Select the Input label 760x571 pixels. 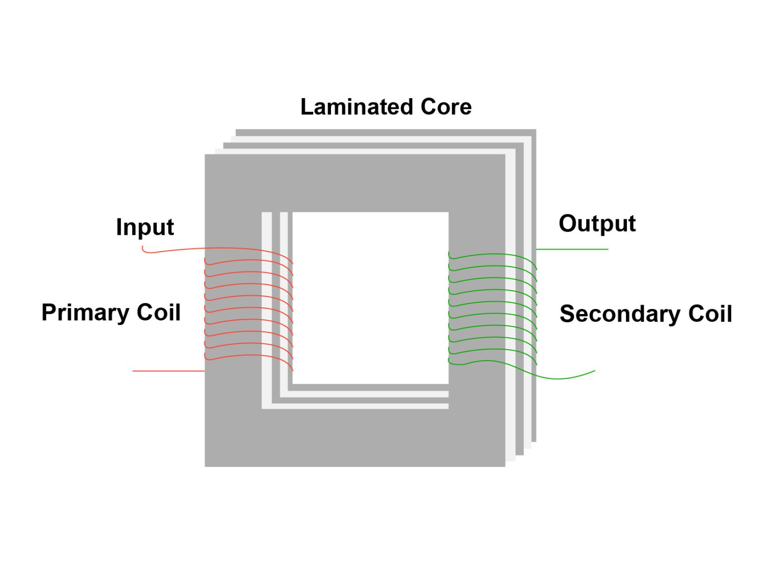click(144, 227)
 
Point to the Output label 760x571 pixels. click(597, 223)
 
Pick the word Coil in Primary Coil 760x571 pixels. click(158, 312)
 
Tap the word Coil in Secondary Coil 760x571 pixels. click(710, 314)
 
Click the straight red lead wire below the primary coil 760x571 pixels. click(168, 371)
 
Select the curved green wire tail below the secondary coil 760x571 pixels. click(564, 378)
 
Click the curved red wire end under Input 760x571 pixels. click(148, 252)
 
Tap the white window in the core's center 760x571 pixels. click(370, 297)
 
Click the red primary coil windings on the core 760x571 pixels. click(247, 307)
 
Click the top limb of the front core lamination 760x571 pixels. click(355, 183)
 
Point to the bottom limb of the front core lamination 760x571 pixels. click(355, 438)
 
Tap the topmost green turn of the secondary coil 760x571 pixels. click(492, 256)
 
